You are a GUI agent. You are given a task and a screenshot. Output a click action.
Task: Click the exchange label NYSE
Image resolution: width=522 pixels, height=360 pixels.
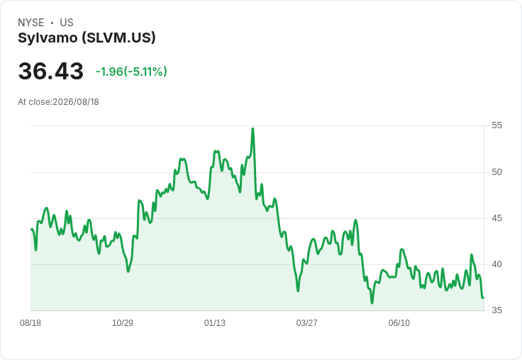[x=31, y=23]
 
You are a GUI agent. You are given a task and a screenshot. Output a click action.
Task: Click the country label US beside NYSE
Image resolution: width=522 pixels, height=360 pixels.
[x=67, y=23]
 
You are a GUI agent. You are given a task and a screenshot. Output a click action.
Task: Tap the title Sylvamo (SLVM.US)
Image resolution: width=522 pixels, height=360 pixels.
[x=87, y=38]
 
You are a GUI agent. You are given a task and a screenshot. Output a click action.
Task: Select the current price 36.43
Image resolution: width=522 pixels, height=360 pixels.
[x=50, y=71]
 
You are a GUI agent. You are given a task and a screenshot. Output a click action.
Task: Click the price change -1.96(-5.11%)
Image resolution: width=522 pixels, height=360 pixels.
[x=131, y=72]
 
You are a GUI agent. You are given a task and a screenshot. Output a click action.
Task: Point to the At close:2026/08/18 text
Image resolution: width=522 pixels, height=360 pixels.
[x=58, y=102]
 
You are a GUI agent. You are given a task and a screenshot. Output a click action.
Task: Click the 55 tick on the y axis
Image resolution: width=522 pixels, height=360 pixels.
[x=496, y=125]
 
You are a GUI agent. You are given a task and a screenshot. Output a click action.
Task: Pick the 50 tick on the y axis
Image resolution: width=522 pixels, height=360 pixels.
[x=496, y=172]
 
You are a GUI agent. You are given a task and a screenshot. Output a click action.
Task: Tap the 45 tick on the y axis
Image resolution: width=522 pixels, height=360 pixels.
[x=496, y=218]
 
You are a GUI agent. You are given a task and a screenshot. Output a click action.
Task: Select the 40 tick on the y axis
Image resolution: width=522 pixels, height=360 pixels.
[x=496, y=264]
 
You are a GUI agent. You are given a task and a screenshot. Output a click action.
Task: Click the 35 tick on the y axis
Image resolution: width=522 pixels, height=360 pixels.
[x=496, y=310]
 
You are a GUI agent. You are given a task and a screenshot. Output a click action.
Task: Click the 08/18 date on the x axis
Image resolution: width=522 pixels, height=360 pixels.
[x=30, y=322]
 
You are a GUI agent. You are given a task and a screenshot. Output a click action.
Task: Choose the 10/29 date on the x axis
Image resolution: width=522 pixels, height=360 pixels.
[x=123, y=322]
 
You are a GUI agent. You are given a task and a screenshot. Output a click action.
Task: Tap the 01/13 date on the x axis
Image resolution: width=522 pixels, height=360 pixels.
[x=215, y=322]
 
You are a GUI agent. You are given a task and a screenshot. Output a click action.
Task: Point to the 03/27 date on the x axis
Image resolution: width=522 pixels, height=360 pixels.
[x=307, y=322]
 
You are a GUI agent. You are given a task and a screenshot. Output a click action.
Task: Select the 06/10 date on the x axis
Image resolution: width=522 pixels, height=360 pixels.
[x=399, y=322]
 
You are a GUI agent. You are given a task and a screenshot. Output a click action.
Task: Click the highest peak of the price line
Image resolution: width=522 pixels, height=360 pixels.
[x=252, y=128]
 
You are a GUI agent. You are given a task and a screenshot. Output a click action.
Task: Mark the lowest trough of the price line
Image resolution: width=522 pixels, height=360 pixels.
[x=372, y=303]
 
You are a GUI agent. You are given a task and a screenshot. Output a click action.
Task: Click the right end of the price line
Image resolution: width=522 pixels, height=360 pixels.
[x=483, y=298]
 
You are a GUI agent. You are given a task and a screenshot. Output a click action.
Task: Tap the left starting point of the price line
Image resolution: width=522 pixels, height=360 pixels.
[x=31, y=229]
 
